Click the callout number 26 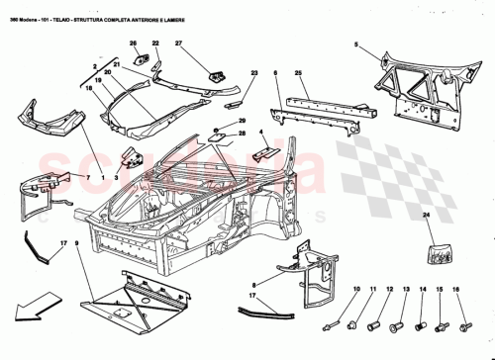pos(133,44)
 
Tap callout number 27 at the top pos(179,44)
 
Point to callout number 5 pos(361,44)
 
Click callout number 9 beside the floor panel pos(76,243)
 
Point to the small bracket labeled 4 pos(264,149)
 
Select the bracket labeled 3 pos(129,158)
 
